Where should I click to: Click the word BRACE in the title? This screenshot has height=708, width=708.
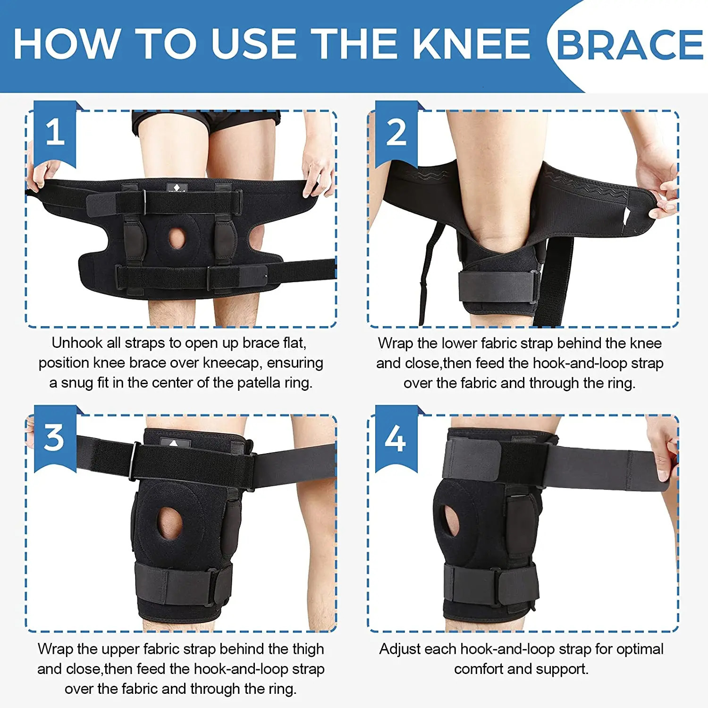(630, 45)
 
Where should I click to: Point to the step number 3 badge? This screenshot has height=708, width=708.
(54, 438)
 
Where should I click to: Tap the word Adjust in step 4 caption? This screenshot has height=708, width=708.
(400, 649)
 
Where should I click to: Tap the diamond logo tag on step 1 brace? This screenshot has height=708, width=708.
(177, 187)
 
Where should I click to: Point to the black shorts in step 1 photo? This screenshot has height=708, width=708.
(208, 120)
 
